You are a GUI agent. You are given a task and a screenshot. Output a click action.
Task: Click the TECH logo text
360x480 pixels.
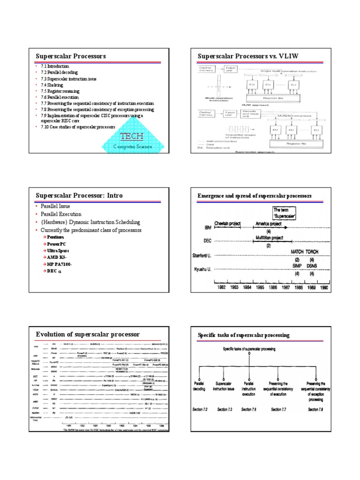[132, 136]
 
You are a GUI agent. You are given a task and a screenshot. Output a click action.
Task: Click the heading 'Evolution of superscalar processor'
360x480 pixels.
[88, 334]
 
